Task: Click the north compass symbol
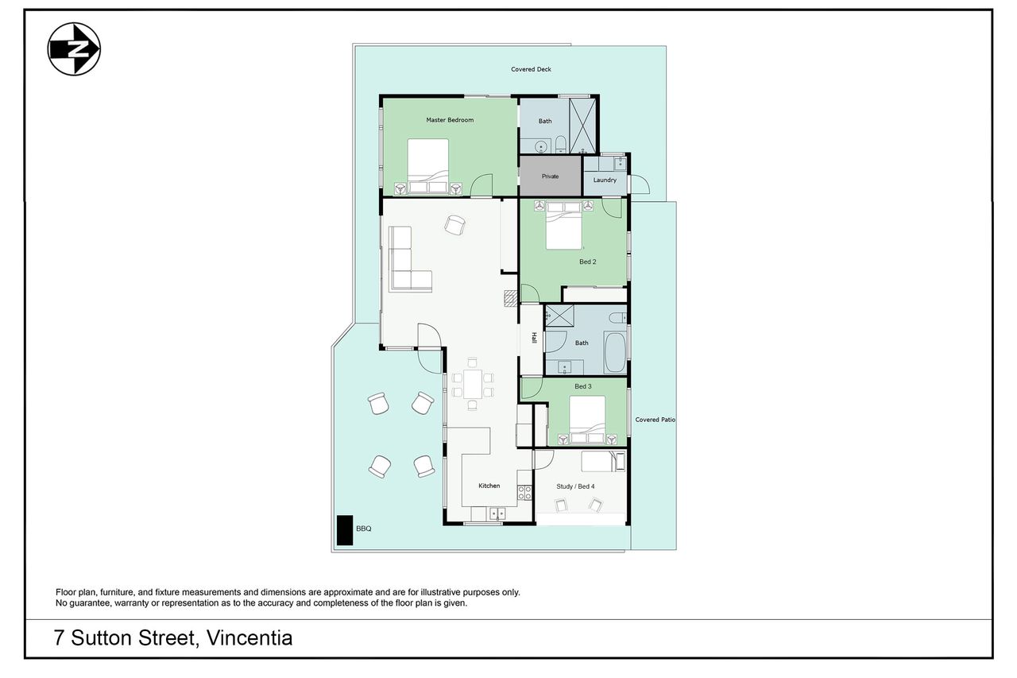(74, 49)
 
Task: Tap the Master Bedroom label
(450, 120)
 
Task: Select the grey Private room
(550, 176)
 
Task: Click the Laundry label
(605, 180)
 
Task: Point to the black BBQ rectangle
(345, 530)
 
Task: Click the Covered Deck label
(531, 69)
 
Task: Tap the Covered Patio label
(655, 420)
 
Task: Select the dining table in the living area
(473, 384)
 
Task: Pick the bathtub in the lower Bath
(615, 351)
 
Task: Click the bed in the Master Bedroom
(427, 166)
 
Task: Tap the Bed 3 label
(583, 386)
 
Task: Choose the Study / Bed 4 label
(575, 486)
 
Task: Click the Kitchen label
(489, 486)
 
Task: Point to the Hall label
(535, 338)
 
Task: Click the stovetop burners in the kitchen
(524, 493)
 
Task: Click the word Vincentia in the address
(249, 637)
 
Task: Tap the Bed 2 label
(587, 262)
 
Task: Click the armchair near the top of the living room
(455, 225)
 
